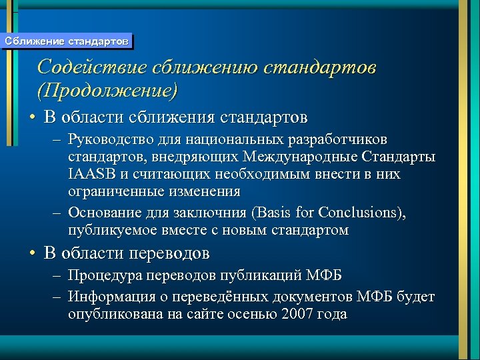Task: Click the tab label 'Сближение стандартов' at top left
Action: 66,41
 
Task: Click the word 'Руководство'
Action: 109,140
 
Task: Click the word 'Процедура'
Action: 101,276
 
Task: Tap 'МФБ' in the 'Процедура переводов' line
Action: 326,276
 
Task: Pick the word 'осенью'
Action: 247,314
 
